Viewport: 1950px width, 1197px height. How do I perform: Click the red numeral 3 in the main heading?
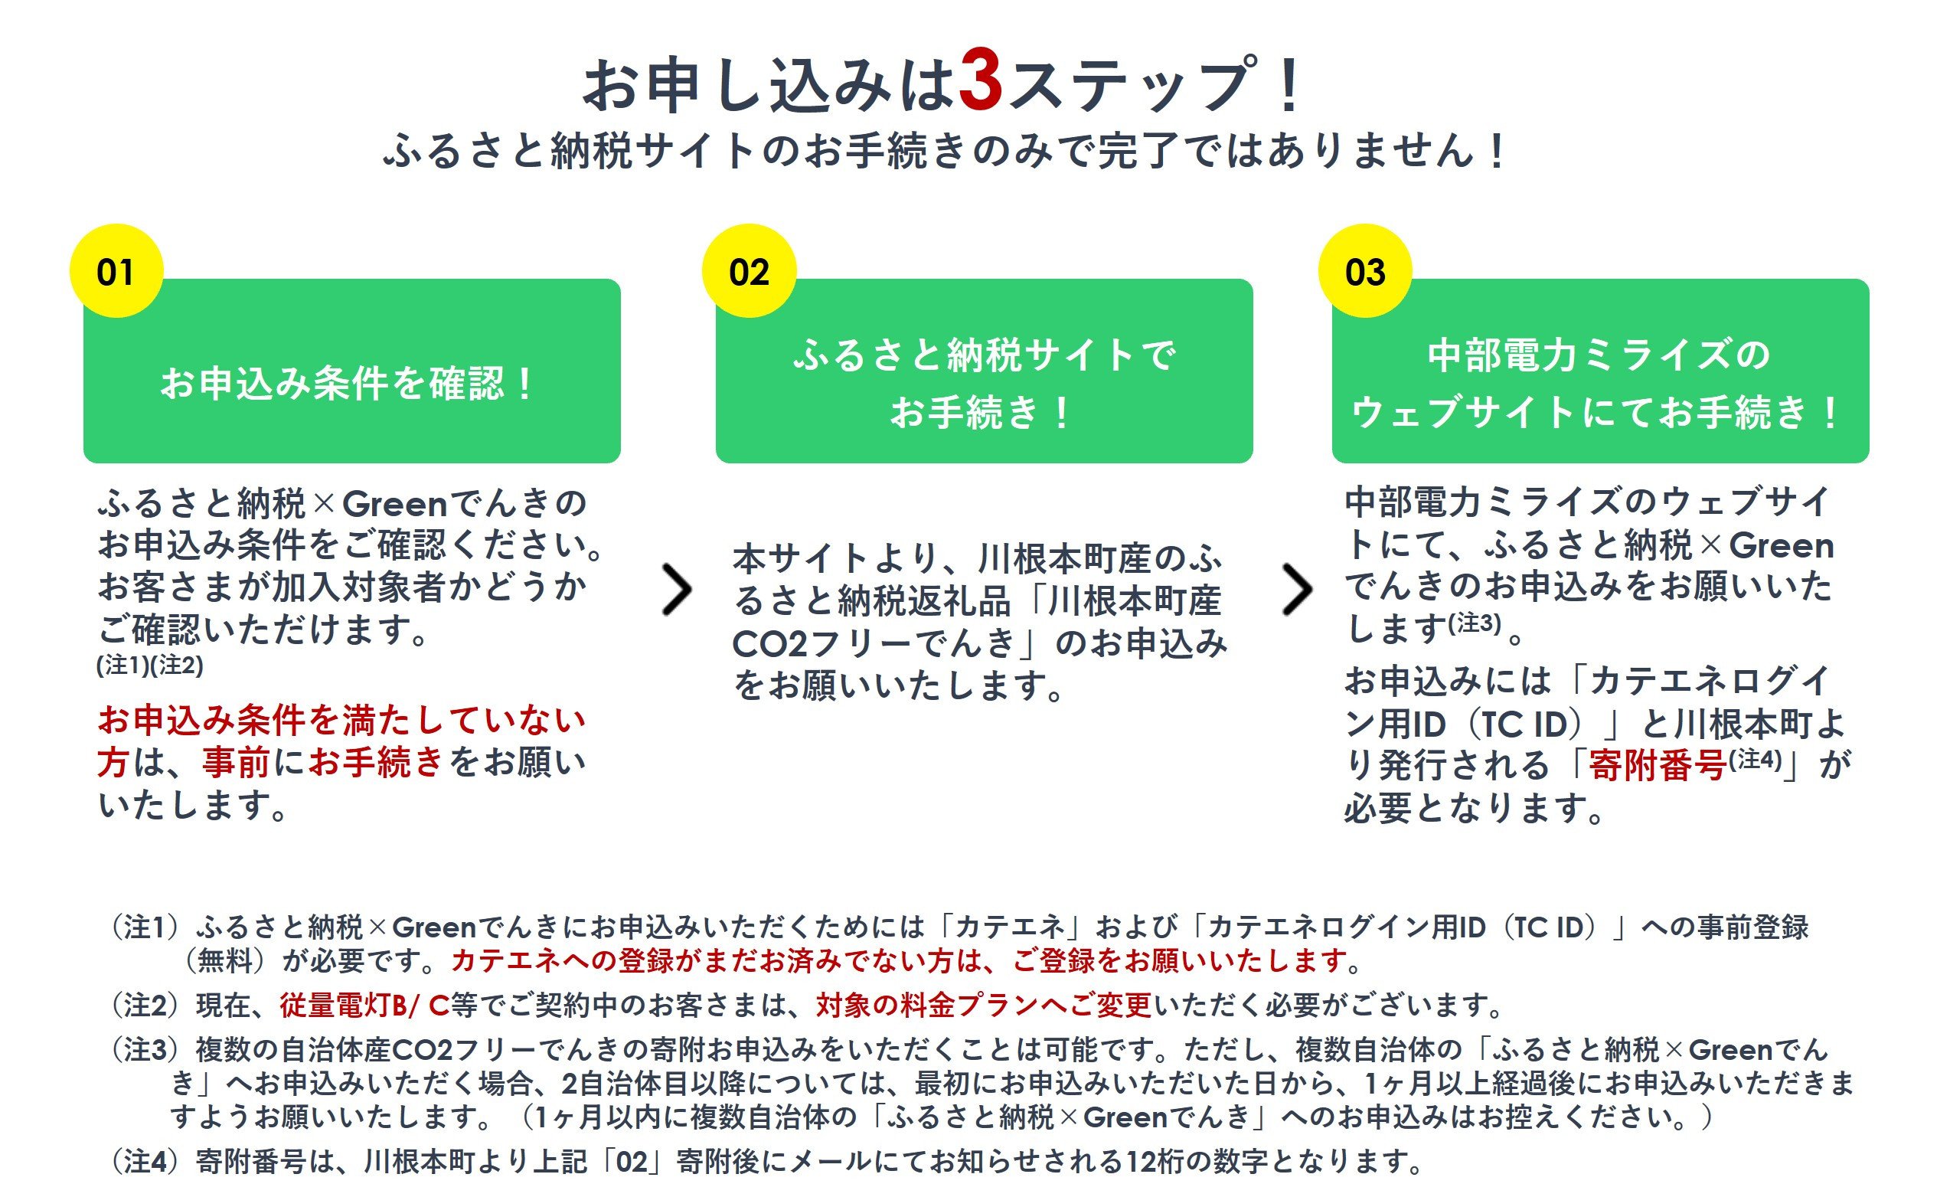click(982, 83)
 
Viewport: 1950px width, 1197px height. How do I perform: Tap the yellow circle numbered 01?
click(116, 271)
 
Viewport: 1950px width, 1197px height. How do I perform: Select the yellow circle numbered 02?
click(749, 271)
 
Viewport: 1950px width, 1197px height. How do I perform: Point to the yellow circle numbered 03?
click(1365, 271)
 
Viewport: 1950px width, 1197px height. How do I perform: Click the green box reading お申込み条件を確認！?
click(352, 371)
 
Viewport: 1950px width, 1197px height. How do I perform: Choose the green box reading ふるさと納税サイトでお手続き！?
click(985, 371)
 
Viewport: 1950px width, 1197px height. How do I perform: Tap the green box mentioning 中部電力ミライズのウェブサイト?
click(1601, 371)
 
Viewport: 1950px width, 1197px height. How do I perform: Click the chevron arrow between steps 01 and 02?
click(677, 590)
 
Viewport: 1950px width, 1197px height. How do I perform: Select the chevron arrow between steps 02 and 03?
click(1297, 590)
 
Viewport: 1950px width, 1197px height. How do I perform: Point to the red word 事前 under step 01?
click(236, 762)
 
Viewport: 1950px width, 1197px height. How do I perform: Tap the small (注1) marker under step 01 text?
click(122, 665)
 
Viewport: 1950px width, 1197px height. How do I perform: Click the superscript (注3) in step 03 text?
click(1475, 623)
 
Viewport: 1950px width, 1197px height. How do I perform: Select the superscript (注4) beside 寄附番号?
click(1756, 759)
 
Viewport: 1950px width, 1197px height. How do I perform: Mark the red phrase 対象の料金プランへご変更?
click(985, 1006)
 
